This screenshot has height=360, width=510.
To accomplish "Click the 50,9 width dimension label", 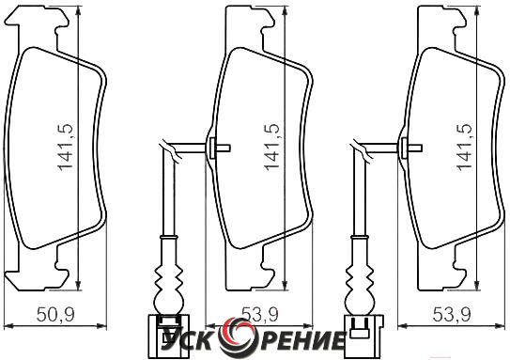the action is [x=55, y=314].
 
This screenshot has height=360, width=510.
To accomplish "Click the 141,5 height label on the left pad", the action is [x=66, y=148].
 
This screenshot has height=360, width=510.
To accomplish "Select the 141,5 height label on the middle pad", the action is [x=272, y=147].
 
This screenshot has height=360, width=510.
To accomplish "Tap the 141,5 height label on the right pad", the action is [x=464, y=147].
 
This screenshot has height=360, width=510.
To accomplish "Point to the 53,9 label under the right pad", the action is [x=452, y=315].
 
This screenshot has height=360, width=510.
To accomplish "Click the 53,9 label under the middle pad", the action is [x=260, y=315].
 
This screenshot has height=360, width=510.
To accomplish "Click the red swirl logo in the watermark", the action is [x=234, y=337].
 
